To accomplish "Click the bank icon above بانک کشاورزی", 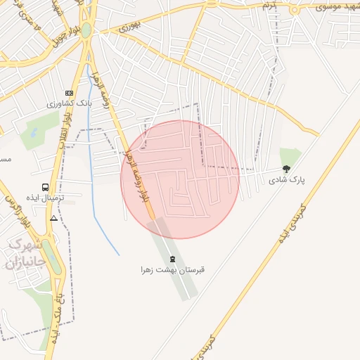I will click(x=69, y=93).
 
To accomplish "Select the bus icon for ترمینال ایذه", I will click(x=46, y=188).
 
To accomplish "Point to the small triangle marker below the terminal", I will click(x=54, y=218).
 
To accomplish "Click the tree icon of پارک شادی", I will click(x=286, y=169).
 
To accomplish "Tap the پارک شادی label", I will click(x=287, y=180).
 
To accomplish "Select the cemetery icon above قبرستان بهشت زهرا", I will click(x=173, y=259).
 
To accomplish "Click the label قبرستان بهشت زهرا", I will click(x=173, y=269).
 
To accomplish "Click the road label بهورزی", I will click(x=129, y=27).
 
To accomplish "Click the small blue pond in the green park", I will click(x=31, y=131).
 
